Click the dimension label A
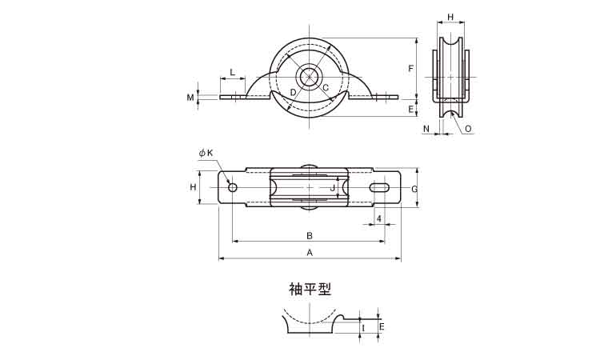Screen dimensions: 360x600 click(310, 252)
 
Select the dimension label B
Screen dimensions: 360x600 click(309, 235)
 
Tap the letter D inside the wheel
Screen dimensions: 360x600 click(294, 93)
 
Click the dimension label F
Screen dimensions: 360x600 click(410, 69)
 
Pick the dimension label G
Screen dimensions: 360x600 click(414, 189)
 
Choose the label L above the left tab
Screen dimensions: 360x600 click(232, 73)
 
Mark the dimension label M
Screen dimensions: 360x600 click(190, 98)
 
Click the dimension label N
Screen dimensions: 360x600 click(426, 128)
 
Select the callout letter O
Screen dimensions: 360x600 click(467, 128)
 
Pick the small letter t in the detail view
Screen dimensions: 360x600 click(364, 327)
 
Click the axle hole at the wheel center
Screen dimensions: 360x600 click(310, 78)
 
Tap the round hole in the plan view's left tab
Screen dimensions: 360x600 click(232, 187)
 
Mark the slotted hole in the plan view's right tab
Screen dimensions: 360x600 click(380, 187)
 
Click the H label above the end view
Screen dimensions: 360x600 click(450, 17)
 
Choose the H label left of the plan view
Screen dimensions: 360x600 click(193, 186)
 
